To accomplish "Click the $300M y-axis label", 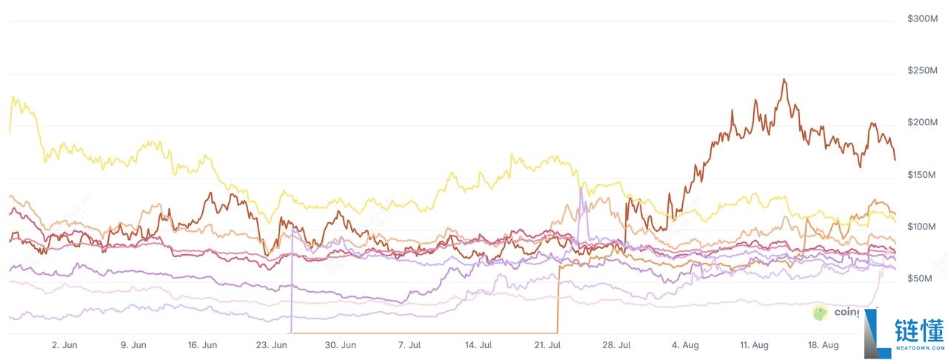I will tap(922, 18).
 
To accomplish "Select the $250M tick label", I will tap(922, 70).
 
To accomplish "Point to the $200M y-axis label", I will tap(922, 122).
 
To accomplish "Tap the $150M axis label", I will tap(922, 174).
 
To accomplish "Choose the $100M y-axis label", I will tap(922, 226).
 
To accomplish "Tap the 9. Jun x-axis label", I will tap(133, 344).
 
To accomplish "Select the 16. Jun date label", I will tap(201, 344).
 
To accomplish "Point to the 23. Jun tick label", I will tap(271, 344).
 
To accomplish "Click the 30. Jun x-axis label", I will tap(341, 344).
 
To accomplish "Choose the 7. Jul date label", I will tap(410, 344).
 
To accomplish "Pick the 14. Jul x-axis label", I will tap(479, 344).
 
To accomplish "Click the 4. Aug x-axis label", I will tap(685, 344).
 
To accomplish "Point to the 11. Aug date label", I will tap(755, 344).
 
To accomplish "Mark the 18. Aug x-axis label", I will tap(824, 344).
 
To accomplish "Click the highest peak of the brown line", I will tap(784, 79).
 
